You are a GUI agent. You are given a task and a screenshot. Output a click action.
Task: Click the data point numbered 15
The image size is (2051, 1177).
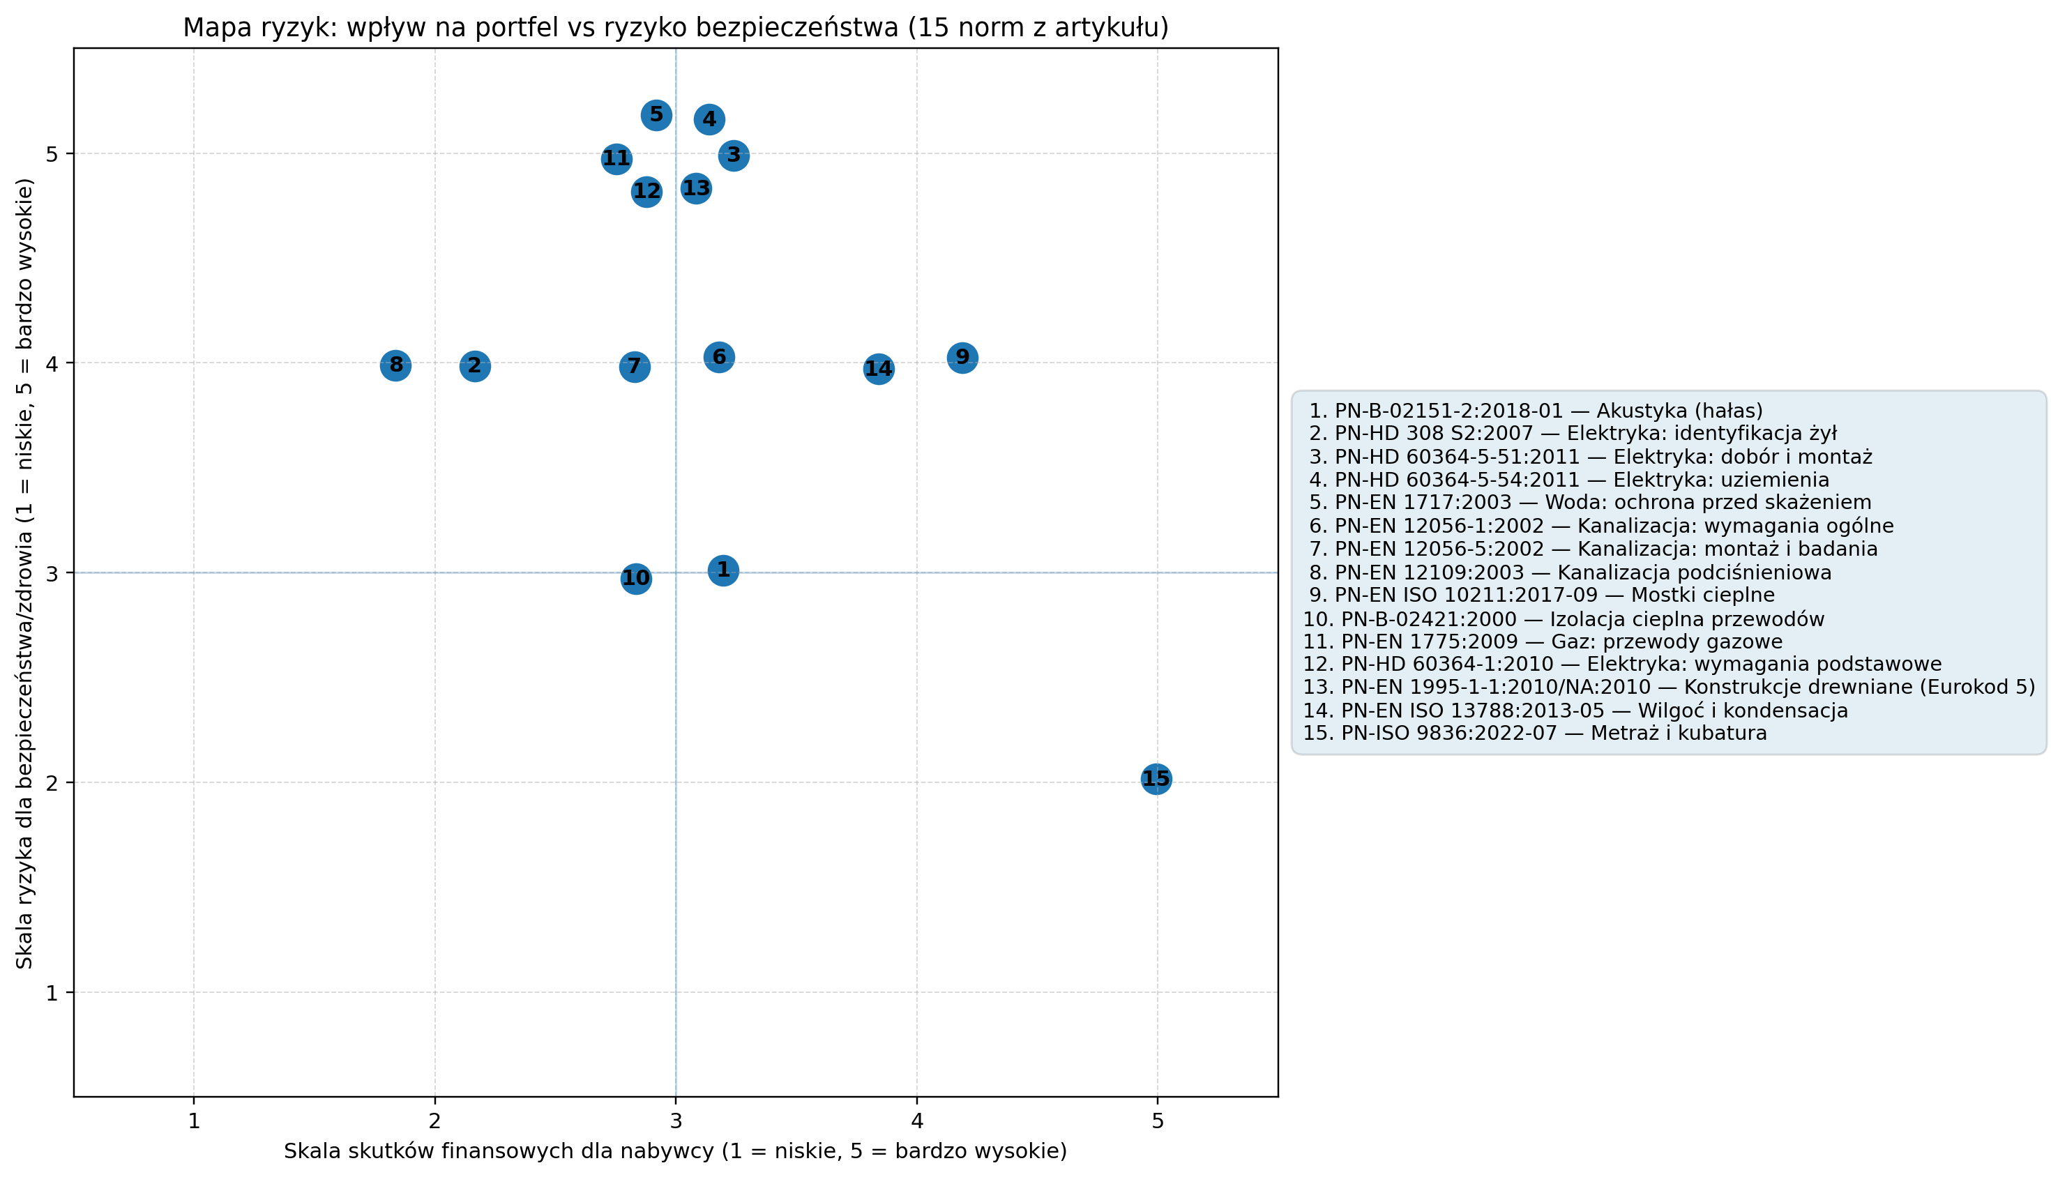pyautogui.click(x=1156, y=780)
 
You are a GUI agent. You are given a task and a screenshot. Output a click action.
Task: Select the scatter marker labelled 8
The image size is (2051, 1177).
pyautogui.click(x=395, y=366)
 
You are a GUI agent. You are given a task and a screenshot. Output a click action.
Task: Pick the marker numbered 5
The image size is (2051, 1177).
pyautogui.click(x=656, y=116)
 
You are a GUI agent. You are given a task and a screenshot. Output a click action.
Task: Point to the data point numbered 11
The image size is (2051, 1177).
pyautogui.click(x=616, y=159)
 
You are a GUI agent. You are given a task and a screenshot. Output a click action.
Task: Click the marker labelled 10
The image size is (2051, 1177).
pyautogui.click(x=636, y=579)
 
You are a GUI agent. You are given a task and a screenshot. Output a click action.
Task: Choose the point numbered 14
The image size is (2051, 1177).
pyautogui.click(x=879, y=370)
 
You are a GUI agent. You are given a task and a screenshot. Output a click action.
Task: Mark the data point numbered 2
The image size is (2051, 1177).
pyautogui.click(x=474, y=366)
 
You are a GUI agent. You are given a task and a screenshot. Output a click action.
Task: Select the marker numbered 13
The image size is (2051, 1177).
pyautogui.click(x=696, y=189)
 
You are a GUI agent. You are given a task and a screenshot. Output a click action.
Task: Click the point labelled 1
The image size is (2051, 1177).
pyautogui.click(x=722, y=570)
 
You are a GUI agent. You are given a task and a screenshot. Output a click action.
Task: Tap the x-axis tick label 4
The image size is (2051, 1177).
pyautogui.click(x=917, y=1122)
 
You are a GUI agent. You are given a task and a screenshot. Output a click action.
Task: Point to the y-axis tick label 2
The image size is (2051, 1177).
pyautogui.click(x=52, y=782)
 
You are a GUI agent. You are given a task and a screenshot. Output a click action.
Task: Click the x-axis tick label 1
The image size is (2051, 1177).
pyautogui.click(x=194, y=1122)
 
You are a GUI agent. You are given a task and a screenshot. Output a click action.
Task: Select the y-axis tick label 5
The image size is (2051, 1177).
pyautogui.click(x=52, y=153)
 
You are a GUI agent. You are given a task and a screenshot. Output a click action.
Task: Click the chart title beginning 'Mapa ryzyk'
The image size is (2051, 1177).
pyautogui.click(x=676, y=27)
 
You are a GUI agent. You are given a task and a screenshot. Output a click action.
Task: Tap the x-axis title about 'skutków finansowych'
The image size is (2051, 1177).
pyautogui.click(x=675, y=1151)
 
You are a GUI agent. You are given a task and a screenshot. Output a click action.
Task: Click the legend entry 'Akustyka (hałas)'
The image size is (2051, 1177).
pyautogui.click(x=1536, y=411)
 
